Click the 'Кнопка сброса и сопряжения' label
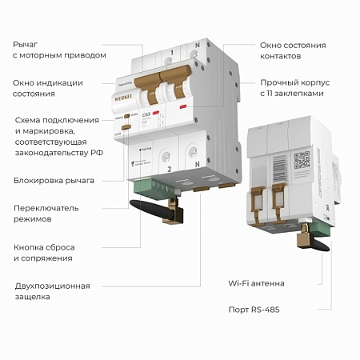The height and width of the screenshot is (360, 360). pos(48,252)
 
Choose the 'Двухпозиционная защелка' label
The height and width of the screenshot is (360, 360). pos(52,291)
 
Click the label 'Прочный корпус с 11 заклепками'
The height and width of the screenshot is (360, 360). pos(296,88)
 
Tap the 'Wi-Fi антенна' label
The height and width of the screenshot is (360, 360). pos(256,283)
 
